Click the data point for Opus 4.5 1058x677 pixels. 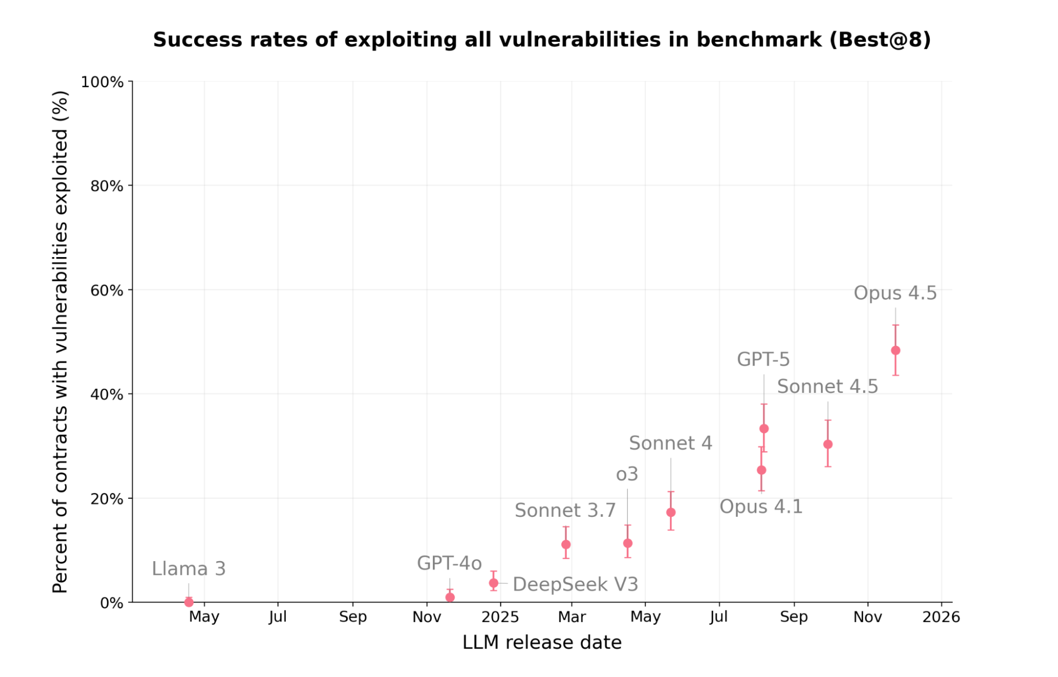895,350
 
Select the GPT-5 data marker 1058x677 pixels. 764,428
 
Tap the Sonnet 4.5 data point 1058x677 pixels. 828,444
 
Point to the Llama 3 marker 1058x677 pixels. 189,602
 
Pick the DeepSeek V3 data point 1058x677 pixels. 493,583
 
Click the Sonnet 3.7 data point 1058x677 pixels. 566,544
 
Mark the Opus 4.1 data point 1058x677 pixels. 761,470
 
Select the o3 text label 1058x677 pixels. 627,474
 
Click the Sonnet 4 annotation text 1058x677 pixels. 671,443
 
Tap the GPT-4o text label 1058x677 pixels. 449,563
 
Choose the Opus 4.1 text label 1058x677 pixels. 761,507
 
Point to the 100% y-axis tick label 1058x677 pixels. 102,82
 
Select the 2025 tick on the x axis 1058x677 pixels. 500,617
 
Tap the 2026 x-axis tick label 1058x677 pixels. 941,617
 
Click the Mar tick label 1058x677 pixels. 572,617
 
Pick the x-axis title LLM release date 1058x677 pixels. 542,642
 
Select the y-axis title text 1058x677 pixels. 60,341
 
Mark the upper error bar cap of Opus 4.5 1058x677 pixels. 895,325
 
